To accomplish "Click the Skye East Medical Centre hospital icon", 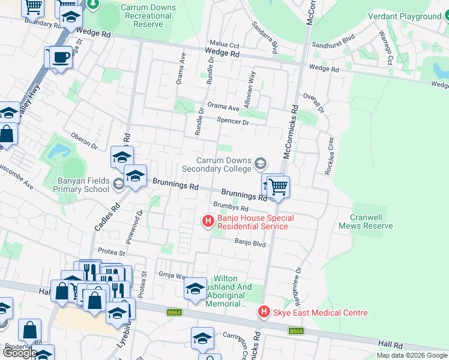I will (x=263, y=313).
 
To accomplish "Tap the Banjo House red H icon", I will (x=208, y=222).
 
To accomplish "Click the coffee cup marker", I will (x=60, y=58).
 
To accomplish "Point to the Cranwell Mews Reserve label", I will (x=366, y=221).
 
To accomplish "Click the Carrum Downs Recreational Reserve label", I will (x=148, y=16).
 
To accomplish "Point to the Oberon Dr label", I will (x=84, y=141).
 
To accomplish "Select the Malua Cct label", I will (x=224, y=45).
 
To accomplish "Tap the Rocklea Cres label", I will (x=330, y=155).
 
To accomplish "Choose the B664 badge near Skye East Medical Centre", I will (x=295, y=331).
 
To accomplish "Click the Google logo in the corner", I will (x=20, y=353).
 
